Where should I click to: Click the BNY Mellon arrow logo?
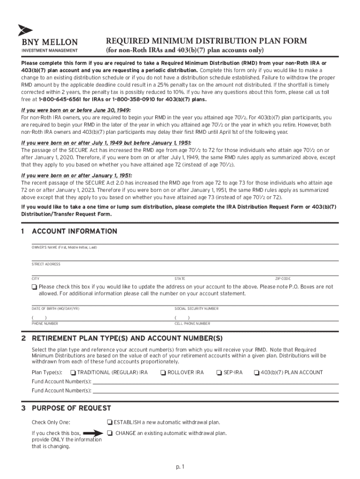coord(25,30)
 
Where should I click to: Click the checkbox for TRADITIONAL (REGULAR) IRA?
coord(73,373)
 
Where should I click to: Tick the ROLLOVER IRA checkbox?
coord(163,373)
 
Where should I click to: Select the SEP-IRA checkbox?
coord(219,373)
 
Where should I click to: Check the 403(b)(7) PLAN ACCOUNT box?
coord(256,373)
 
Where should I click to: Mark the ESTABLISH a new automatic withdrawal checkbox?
coord(109,422)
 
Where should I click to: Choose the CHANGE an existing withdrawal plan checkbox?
coord(109,433)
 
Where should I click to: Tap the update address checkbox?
coord(35,287)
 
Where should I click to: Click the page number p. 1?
coord(180,466)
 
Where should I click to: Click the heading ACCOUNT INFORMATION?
coord(74,232)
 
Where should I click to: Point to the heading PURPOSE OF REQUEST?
coord(71,408)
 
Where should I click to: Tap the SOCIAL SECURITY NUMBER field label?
coord(196,309)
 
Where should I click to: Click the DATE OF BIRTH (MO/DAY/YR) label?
coord(55,309)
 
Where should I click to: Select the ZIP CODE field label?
coord(282,279)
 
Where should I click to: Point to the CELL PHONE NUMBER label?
coord(192,324)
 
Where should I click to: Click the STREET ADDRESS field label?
coord(46,264)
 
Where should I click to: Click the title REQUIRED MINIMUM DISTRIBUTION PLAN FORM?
coord(206,41)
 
